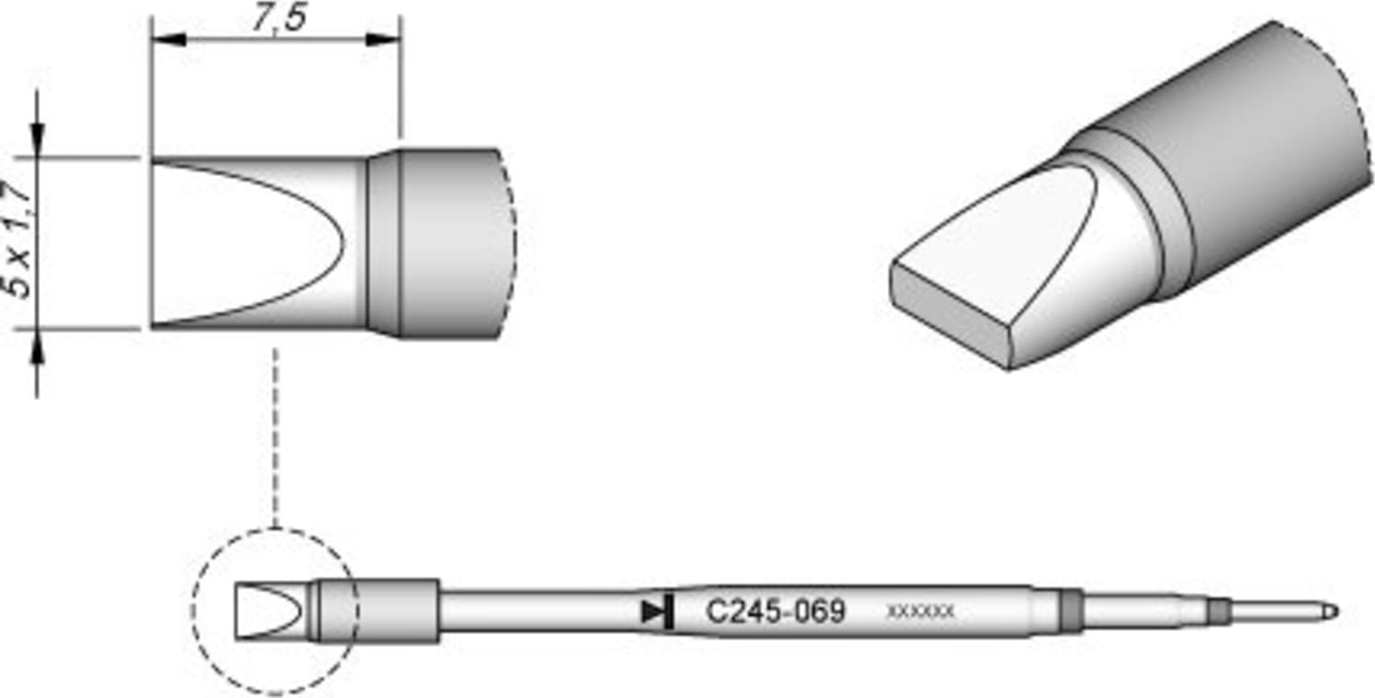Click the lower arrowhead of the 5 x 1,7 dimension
[37, 346]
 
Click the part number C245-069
[775, 611]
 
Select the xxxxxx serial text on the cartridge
[919, 611]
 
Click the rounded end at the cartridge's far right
[1330, 611]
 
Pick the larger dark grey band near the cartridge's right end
[1070, 609]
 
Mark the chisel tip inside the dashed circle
[268, 611]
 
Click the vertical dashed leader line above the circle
[275, 433]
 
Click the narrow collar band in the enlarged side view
[384, 243]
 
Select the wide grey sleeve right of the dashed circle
[397, 610]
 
